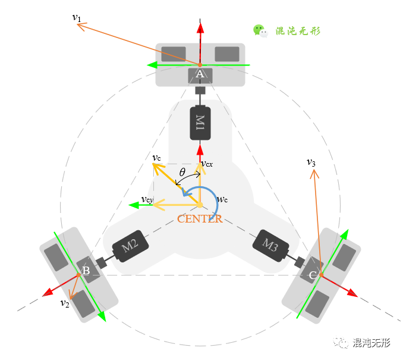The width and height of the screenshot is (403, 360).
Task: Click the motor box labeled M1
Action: click(200, 123)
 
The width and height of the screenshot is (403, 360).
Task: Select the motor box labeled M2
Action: click(130, 246)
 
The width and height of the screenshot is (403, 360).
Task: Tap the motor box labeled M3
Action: click(270, 245)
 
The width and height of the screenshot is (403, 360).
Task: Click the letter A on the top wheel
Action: click(200, 74)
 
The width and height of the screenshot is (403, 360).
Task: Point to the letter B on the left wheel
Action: click(86, 271)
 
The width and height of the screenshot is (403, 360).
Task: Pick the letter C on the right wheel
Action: click(313, 275)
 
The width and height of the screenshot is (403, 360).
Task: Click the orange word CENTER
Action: click(200, 218)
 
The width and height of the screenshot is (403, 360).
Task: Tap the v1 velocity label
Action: click(77, 17)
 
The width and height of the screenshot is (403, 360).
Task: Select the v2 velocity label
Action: click(65, 303)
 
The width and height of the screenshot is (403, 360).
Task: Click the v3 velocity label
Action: click(311, 162)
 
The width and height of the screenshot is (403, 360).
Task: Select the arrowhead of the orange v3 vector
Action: click(313, 173)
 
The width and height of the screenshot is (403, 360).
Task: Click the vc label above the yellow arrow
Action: click(156, 158)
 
